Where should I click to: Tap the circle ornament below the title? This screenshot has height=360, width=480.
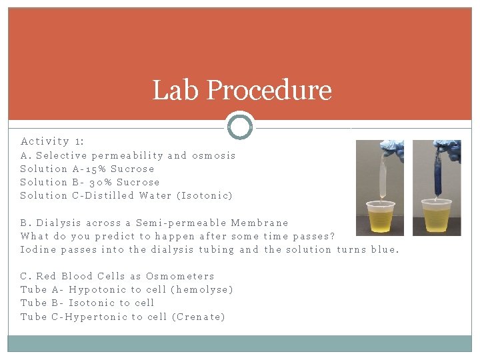click(240, 126)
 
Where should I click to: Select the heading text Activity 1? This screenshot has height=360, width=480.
click(52, 141)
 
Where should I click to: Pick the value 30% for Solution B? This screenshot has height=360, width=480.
click(93, 182)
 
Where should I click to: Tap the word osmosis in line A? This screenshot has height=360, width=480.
click(213, 155)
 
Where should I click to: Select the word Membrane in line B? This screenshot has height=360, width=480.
click(259, 223)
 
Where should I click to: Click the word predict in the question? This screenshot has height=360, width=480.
click(116, 236)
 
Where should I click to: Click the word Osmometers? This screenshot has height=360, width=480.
click(180, 276)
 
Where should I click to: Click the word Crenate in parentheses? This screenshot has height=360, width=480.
click(198, 317)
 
